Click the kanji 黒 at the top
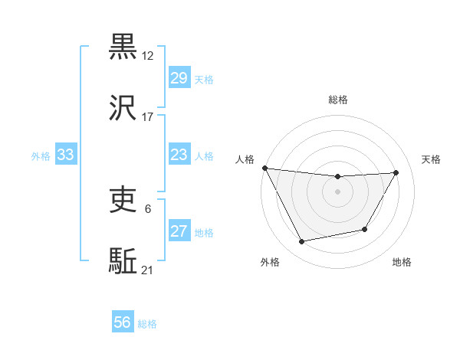(x=123, y=47)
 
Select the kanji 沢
(x=123, y=110)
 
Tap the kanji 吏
(x=123, y=201)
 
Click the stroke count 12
(x=148, y=55)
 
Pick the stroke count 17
(x=148, y=117)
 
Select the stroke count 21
(x=148, y=270)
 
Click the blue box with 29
(x=179, y=78)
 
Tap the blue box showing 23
(x=179, y=155)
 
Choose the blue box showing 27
(x=179, y=231)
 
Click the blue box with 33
(x=65, y=155)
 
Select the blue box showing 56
(x=123, y=323)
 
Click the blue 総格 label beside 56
(x=147, y=324)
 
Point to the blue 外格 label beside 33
(x=41, y=155)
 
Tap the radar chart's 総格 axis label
(x=338, y=100)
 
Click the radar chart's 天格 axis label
(x=432, y=159)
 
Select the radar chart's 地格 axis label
(x=402, y=262)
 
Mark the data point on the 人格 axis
(x=264, y=168)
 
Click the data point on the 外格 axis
(x=301, y=242)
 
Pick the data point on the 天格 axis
(x=396, y=172)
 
